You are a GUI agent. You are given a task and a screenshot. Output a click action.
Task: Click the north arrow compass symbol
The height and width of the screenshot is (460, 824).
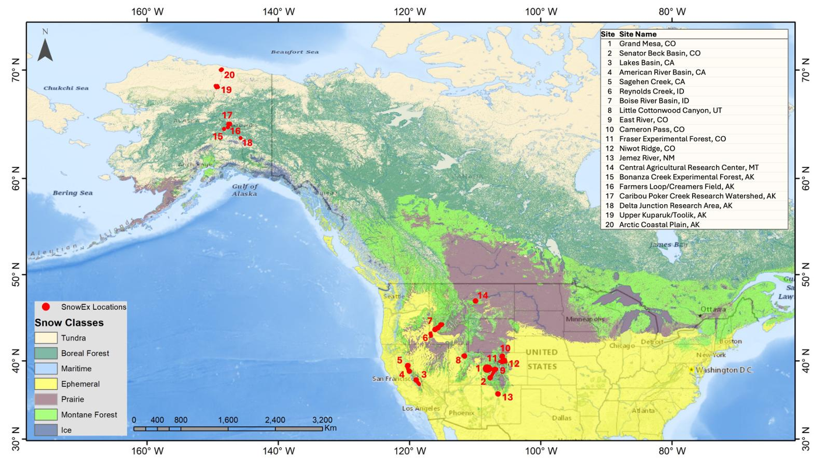pos(46,47)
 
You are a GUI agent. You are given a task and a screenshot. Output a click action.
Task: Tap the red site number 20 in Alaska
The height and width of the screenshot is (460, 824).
pos(229,75)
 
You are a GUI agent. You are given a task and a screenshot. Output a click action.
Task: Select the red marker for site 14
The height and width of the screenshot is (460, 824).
pos(476,301)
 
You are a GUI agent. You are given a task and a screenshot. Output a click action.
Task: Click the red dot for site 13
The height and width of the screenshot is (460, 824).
pos(498,394)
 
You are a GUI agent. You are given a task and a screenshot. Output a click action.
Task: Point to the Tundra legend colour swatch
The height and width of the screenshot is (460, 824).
pos(46,338)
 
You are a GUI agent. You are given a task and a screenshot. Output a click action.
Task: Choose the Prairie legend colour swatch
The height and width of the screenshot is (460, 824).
pos(46,399)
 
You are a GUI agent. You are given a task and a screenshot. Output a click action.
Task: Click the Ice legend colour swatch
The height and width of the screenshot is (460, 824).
pos(46,430)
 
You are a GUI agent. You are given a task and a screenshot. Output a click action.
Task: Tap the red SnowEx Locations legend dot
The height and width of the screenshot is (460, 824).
pos(46,306)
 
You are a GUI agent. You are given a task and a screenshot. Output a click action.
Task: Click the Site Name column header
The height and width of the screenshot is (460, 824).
pos(637,34)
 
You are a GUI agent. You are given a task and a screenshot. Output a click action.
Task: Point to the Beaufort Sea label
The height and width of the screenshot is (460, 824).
pos(295,52)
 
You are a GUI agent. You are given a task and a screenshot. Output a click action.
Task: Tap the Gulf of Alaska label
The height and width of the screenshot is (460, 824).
pos(245,190)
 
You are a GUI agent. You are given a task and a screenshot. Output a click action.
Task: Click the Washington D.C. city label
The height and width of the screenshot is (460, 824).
pos(724,370)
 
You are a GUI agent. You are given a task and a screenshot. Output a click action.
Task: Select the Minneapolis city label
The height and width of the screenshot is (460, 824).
pos(585,319)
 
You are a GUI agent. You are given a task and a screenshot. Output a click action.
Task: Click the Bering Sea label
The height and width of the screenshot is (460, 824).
pos(73,193)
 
